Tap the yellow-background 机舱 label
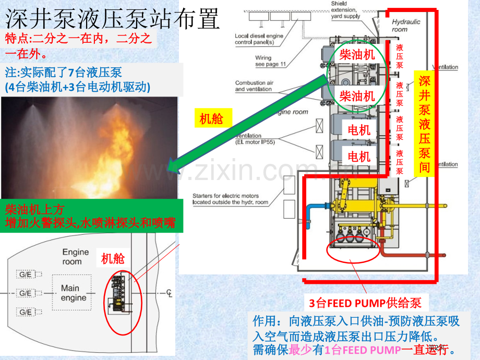(211, 118)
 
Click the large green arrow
(250, 122)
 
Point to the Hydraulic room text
(406, 26)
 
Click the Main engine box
(73, 293)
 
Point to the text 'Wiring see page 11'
(271, 61)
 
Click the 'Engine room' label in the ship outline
(72, 257)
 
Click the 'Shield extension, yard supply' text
(345, 10)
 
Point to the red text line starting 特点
(78, 45)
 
